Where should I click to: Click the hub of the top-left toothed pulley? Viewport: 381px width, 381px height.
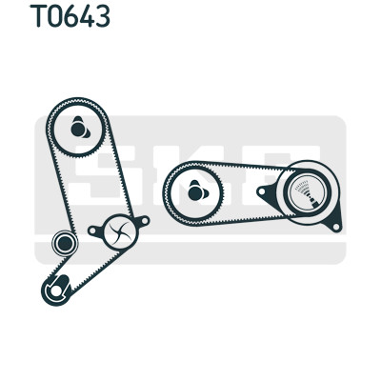78,129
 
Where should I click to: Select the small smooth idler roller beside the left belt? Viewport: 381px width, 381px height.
65,243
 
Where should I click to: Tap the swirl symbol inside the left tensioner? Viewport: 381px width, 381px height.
121,232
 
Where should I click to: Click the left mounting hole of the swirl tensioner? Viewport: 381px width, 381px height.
92,231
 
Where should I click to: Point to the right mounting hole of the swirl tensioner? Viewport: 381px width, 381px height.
145,220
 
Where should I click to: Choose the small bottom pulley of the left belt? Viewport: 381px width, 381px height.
57,290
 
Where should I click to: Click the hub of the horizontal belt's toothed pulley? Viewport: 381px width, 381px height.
196,192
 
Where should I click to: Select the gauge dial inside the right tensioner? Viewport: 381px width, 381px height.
307,192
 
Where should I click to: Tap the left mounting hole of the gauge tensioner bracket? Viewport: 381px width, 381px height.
261,191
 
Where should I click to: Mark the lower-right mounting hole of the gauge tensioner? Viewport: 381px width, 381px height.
336,227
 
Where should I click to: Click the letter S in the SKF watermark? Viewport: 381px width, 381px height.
108,175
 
